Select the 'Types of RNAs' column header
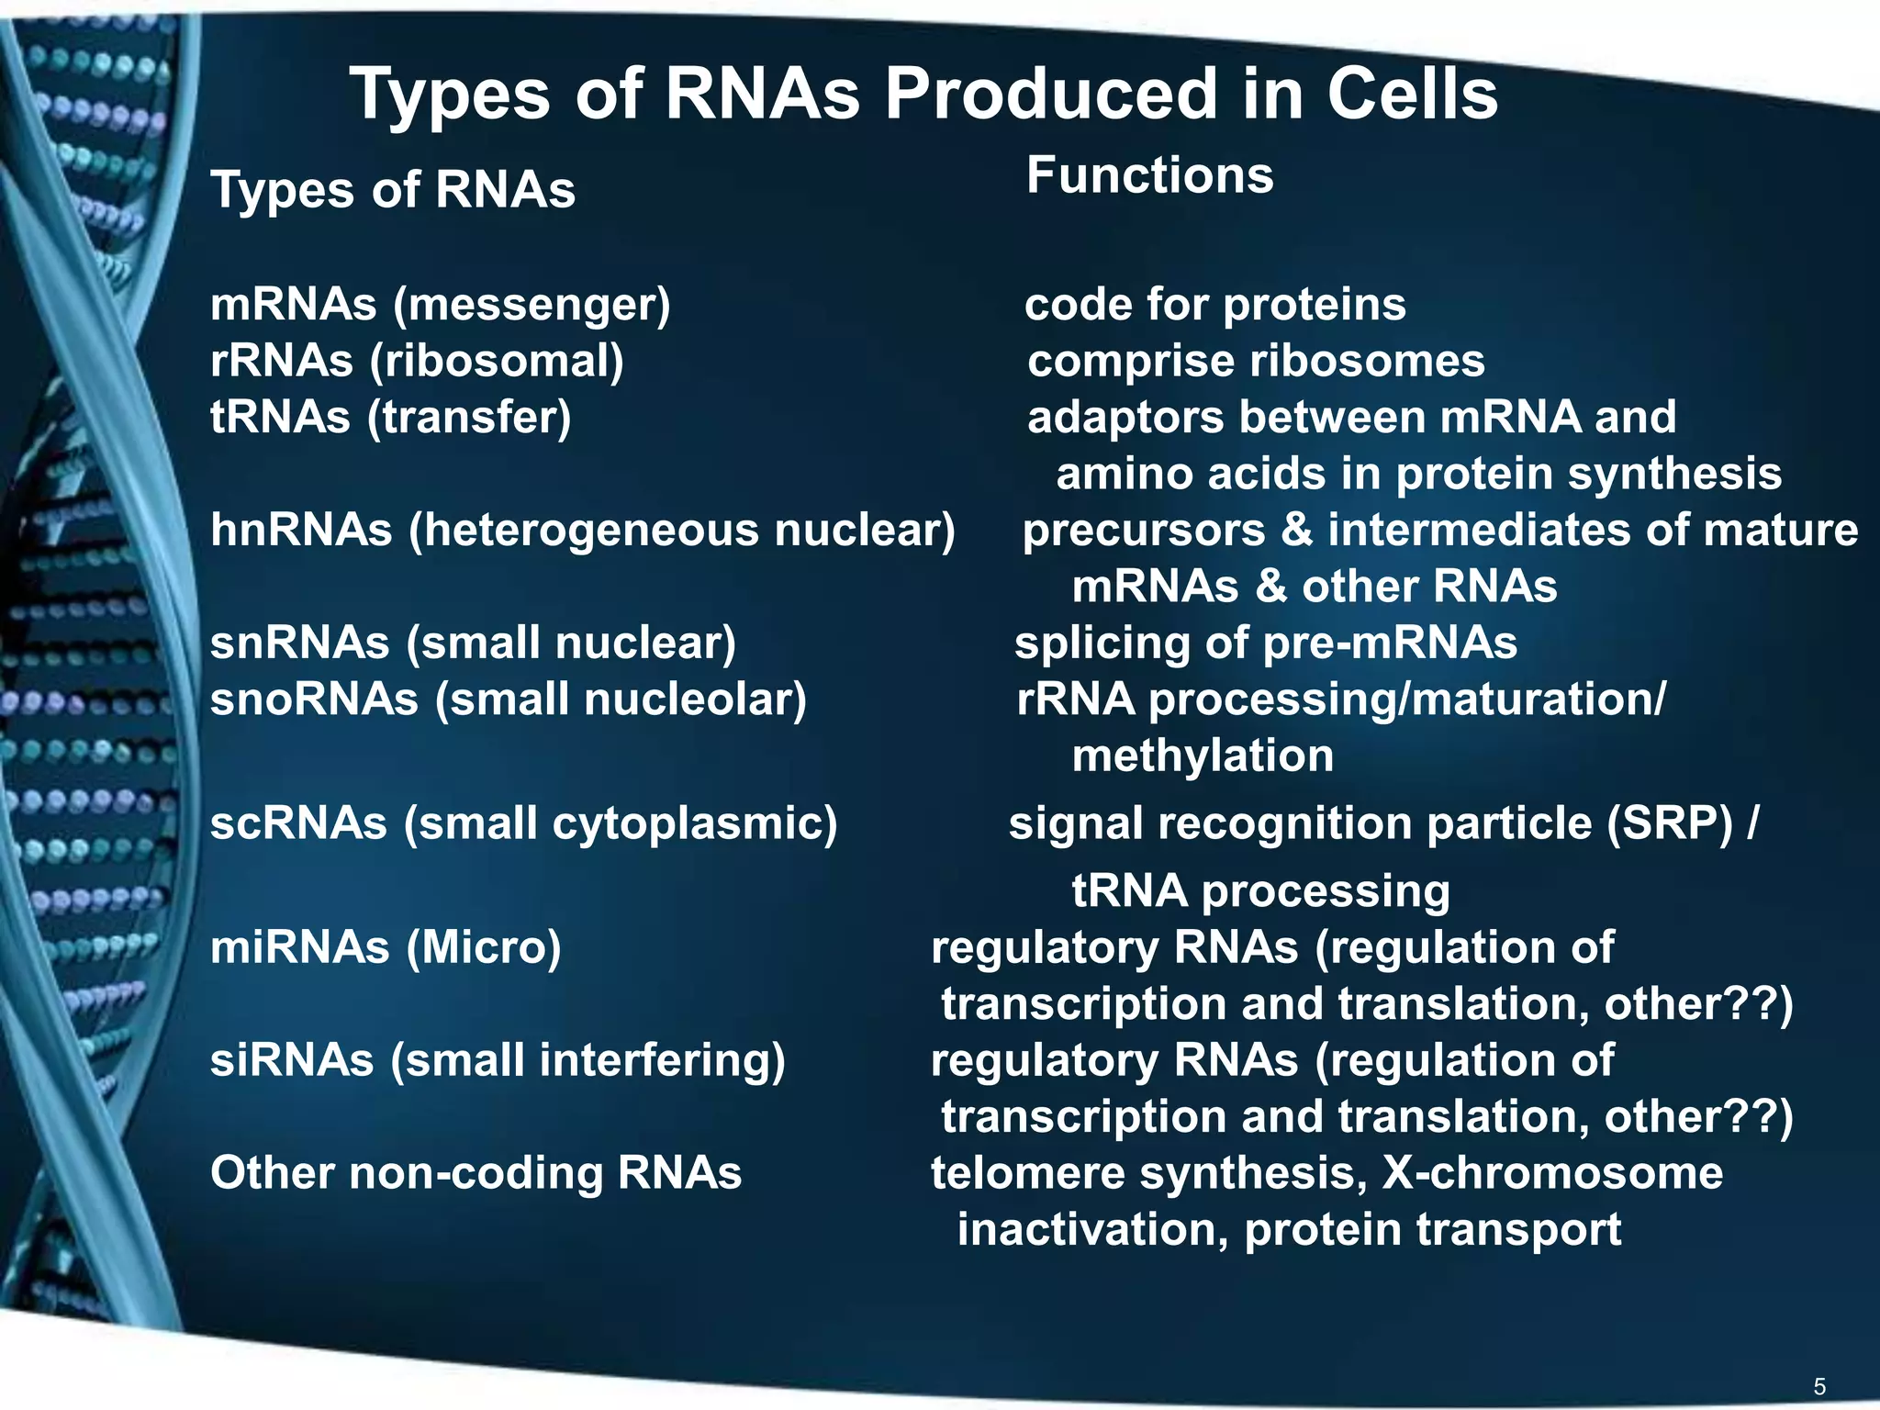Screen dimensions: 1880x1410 point(393,190)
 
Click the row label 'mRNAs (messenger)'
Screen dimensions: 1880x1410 point(441,305)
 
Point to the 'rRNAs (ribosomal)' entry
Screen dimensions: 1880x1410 point(417,361)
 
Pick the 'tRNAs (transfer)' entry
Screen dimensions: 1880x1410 point(391,418)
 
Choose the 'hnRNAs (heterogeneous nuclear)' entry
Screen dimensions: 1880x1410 point(583,531)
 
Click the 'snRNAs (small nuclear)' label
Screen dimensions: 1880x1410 point(473,643)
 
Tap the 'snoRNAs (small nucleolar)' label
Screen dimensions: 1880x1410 point(509,699)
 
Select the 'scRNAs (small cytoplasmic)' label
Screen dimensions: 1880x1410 point(523,823)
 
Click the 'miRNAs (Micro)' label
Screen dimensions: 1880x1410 point(386,947)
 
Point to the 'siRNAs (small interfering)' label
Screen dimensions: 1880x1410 point(498,1060)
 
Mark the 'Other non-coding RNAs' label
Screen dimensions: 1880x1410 point(476,1173)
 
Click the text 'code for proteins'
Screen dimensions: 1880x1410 point(1214,305)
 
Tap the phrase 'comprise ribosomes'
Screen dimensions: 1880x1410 point(1256,361)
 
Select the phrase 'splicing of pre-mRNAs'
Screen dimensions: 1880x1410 point(1265,643)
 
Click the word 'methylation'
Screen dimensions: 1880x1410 point(1203,756)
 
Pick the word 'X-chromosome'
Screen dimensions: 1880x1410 point(1552,1173)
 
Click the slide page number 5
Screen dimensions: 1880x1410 point(1819,1386)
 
